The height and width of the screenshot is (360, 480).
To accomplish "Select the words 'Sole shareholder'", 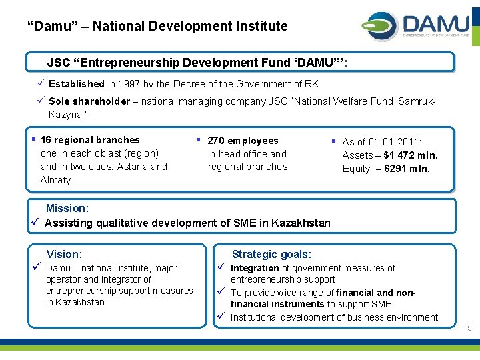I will pyautogui.click(x=89, y=101).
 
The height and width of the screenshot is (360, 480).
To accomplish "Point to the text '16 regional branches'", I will pyautogui.click(x=90, y=140).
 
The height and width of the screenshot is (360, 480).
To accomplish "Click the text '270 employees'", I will pyautogui.click(x=243, y=141).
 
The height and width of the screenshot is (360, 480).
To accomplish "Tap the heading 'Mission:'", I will pyautogui.click(x=67, y=209).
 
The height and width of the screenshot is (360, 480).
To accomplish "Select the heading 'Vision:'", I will pyautogui.click(x=64, y=254).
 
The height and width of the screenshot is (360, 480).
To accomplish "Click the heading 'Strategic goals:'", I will pyautogui.click(x=271, y=254).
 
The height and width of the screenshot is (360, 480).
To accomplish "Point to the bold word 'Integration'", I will pyautogui.click(x=255, y=268).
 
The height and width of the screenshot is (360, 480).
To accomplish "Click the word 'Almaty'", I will pyautogui.click(x=55, y=180).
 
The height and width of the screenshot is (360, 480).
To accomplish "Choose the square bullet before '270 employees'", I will pyautogui.click(x=198, y=140).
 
